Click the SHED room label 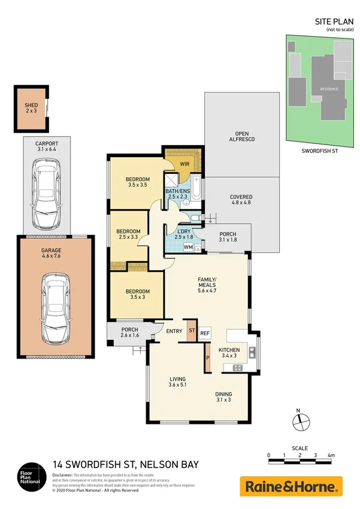click(31, 106)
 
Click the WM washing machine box click(188, 247)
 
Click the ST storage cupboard click(192, 330)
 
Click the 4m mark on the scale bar click(331, 456)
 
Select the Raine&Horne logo click(291, 486)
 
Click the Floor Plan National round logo click(31, 475)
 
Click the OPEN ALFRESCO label click(242, 136)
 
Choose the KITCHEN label click(229, 350)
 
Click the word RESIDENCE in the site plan click(328, 89)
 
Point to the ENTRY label click(175, 331)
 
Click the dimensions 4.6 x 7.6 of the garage click(52, 255)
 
